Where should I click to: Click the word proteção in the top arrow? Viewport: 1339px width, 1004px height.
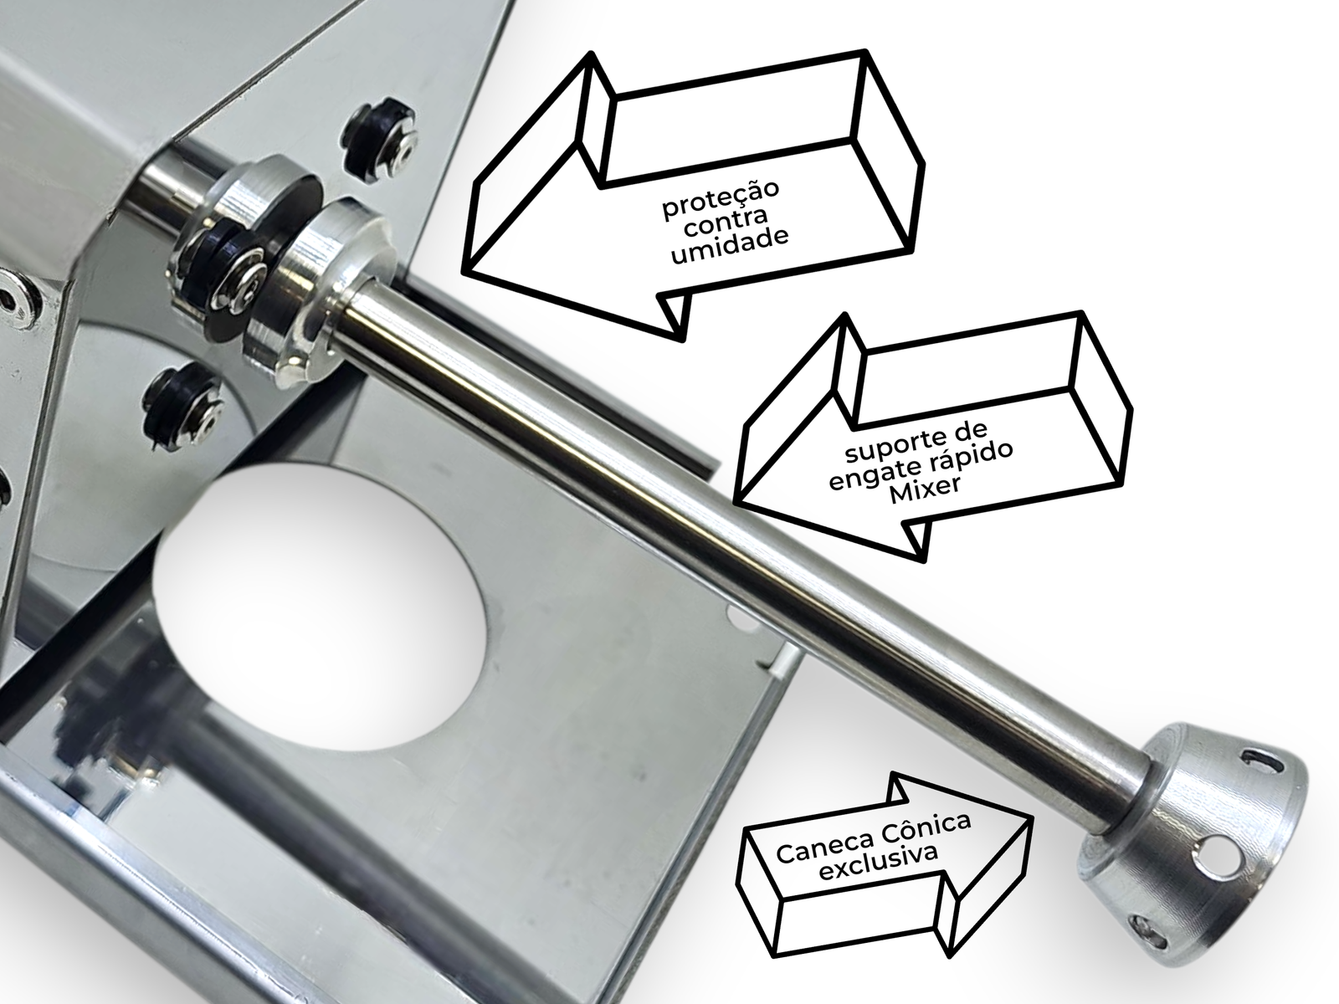(x=721, y=200)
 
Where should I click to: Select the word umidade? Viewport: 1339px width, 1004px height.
(x=729, y=247)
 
